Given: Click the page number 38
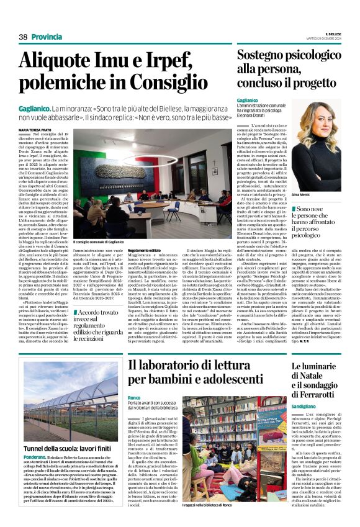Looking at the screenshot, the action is tap(23, 37).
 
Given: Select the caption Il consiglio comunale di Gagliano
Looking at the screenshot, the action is tap(97, 242).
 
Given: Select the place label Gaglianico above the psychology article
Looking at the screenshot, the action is tap(247, 100).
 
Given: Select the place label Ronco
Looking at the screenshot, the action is tap(134, 397).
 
